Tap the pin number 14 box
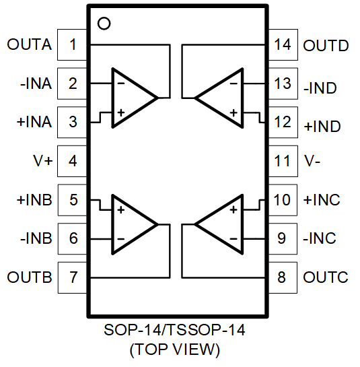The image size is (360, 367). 283,44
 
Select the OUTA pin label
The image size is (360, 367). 29,44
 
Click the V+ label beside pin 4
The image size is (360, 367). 43,161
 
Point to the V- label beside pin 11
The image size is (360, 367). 312,161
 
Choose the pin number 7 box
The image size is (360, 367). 72,277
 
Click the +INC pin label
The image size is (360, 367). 322,199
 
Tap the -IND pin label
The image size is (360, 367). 320,88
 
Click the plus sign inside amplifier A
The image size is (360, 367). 121,113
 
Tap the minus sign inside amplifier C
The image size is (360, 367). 233,239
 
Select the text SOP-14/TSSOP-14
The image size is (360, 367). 174,330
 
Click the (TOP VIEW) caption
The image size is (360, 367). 175,349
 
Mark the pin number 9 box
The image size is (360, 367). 283,239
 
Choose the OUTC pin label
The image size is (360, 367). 326,277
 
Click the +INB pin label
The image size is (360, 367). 34,200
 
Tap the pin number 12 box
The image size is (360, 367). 283,122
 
